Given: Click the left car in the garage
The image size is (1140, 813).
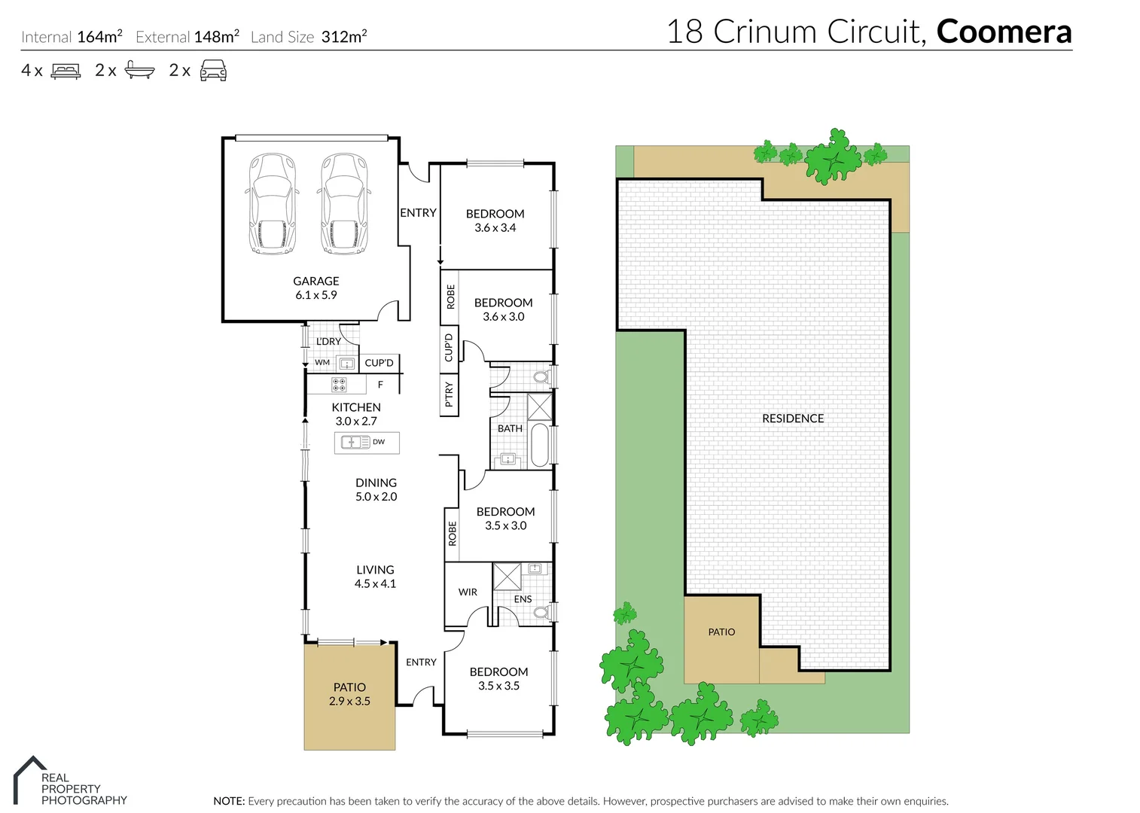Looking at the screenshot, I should pyautogui.click(x=271, y=203).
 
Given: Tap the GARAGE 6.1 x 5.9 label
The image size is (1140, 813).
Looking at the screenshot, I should pyautogui.click(x=315, y=288).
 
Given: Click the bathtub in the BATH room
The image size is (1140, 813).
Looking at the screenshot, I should pyautogui.click(x=540, y=445).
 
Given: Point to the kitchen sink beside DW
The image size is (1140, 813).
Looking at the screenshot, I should pyautogui.click(x=355, y=442).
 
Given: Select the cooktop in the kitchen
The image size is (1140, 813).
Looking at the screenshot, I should pyautogui.click(x=339, y=385).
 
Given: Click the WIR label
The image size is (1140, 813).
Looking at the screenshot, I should pyautogui.click(x=468, y=592).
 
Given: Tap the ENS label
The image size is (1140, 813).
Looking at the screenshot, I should pyautogui.click(x=523, y=599).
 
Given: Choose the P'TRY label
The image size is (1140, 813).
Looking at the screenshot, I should pyautogui.click(x=449, y=394).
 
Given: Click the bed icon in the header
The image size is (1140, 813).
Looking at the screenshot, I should pyautogui.click(x=66, y=71).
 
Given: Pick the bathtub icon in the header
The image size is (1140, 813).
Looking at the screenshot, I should pyautogui.click(x=139, y=70).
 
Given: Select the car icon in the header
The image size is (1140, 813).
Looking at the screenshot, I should pyautogui.click(x=213, y=71).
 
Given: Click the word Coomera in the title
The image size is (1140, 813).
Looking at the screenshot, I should pyautogui.click(x=1004, y=32).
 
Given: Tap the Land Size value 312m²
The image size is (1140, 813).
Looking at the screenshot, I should pyautogui.click(x=343, y=36).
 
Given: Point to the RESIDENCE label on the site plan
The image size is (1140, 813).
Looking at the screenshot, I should pyautogui.click(x=792, y=419).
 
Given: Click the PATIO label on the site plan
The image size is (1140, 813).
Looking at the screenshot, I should pyautogui.click(x=721, y=632).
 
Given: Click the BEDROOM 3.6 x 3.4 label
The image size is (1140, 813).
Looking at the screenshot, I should pyautogui.click(x=495, y=221).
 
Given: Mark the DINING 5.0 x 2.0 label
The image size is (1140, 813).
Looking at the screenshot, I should pyautogui.click(x=376, y=489).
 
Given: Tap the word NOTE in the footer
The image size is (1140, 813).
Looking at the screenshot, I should pyautogui.click(x=229, y=801).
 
